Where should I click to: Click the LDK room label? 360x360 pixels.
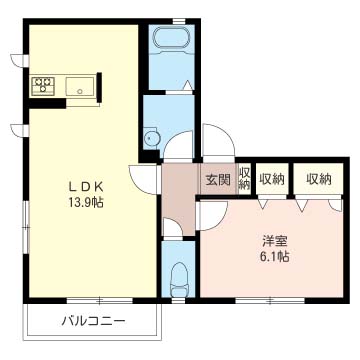click(x=86, y=187)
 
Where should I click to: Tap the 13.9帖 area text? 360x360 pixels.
click(x=86, y=202)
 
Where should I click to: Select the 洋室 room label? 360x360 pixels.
click(x=275, y=241)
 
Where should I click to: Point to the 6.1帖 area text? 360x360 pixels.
click(x=275, y=256)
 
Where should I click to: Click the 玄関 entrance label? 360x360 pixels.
click(x=218, y=180)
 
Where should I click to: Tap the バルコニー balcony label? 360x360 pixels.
click(x=94, y=321)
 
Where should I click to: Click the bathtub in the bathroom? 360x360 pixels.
click(x=171, y=38)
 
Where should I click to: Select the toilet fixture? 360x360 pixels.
click(x=179, y=279)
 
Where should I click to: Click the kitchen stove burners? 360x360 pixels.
click(x=43, y=85)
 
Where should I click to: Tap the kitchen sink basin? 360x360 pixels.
click(x=80, y=86)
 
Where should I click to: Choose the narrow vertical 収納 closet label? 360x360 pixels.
click(x=244, y=179)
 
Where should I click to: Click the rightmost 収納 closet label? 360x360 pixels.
click(x=319, y=180)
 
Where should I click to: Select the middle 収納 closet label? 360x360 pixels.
click(x=272, y=180)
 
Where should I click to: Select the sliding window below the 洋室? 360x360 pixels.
click(x=270, y=300)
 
